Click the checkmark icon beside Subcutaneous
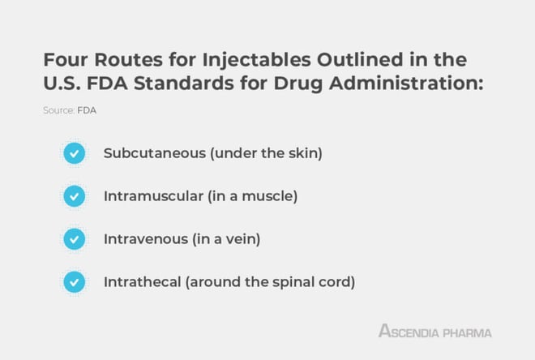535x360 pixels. pos(75,153)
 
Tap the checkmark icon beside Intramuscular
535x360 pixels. pos(75,196)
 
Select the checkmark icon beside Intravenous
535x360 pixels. pos(75,239)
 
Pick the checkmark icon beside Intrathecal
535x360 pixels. pos(75,282)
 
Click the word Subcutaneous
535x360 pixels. pos(155,153)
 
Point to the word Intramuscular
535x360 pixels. pos(153,196)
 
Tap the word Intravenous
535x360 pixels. pos(146,239)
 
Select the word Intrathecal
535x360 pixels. pos(143,282)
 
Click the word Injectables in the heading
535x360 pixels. pos(257,61)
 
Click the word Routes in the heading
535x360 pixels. pos(128,60)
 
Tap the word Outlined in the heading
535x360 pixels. pos(360,60)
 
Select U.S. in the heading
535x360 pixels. pos(62,84)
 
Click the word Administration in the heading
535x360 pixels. pos(406,84)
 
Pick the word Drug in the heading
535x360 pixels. pos(297,84)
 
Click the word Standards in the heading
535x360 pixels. pos(184,84)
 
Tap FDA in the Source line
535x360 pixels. pos(87,110)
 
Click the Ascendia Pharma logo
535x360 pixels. pos(435,331)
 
